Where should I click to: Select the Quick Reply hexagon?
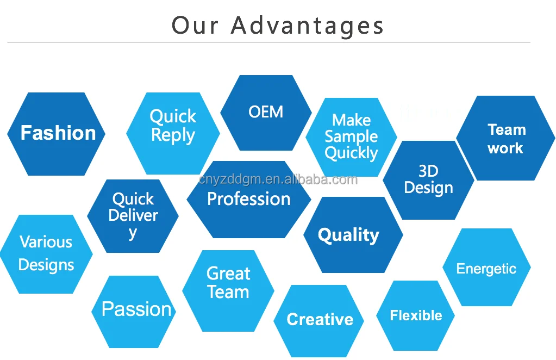point(173,134)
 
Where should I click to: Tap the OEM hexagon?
point(266,113)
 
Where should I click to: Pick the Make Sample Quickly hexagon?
point(351,137)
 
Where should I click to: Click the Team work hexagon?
point(505,139)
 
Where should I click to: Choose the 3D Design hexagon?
point(428,180)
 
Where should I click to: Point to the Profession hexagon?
point(249,200)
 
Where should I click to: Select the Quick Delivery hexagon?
point(133,216)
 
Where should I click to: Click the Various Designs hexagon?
point(46,254)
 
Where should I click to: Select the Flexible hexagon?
point(416,316)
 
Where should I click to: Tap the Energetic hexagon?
point(486,268)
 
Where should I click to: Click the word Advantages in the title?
point(307,26)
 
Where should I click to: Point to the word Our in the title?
point(195,26)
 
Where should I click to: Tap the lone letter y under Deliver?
point(133,233)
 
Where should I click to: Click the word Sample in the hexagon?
point(351,136)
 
